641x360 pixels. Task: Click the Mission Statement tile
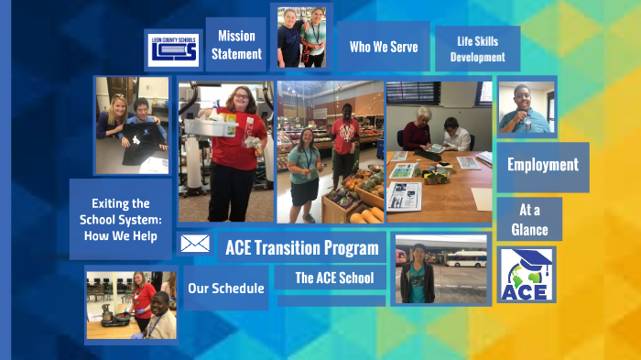point(236,45)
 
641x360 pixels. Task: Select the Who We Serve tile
point(383,47)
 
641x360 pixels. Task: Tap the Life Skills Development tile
point(477,49)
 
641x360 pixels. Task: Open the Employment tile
point(542,166)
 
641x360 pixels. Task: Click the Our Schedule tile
point(225,289)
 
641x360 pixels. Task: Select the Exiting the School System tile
point(121,218)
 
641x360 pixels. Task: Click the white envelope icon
point(195,244)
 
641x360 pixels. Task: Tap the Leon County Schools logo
point(173,49)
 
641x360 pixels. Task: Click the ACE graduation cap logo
point(527,275)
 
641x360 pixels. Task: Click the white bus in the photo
point(466,258)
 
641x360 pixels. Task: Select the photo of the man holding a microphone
point(527,108)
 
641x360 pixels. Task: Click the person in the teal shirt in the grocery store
point(306,169)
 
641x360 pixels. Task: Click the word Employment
point(542,166)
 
